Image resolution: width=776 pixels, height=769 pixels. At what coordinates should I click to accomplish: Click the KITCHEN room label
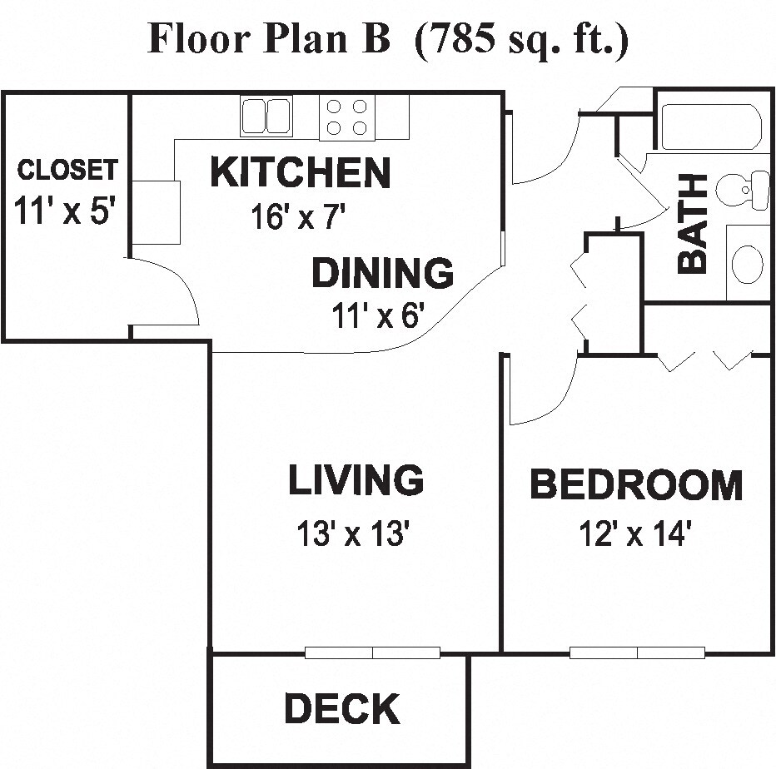[x=300, y=172]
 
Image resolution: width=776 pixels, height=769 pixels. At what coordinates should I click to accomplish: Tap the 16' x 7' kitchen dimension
[x=297, y=217]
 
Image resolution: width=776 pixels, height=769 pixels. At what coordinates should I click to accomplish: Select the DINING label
[x=382, y=273]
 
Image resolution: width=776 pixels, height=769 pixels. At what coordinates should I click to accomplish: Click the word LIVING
[x=356, y=480]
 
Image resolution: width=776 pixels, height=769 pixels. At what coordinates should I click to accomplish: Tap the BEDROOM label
[x=636, y=484]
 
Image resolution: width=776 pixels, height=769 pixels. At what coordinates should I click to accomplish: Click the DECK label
[x=341, y=709]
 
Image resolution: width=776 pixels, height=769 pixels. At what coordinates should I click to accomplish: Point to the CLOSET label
[x=67, y=170]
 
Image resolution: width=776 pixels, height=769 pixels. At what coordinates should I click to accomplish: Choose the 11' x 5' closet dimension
[x=64, y=211]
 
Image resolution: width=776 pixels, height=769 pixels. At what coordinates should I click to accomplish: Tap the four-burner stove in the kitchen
[x=347, y=117]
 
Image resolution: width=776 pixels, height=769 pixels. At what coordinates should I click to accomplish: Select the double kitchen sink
[x=266, y=116]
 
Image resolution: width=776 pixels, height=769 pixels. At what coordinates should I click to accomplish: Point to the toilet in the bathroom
[x=744, y=190]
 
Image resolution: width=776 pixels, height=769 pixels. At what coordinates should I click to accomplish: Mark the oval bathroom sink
[x=747, y=263]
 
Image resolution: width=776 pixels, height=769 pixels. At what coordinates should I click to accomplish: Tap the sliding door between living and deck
[x=372, y=652]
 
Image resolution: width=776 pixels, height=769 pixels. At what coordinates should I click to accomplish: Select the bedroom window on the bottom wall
[x=637, y=652]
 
